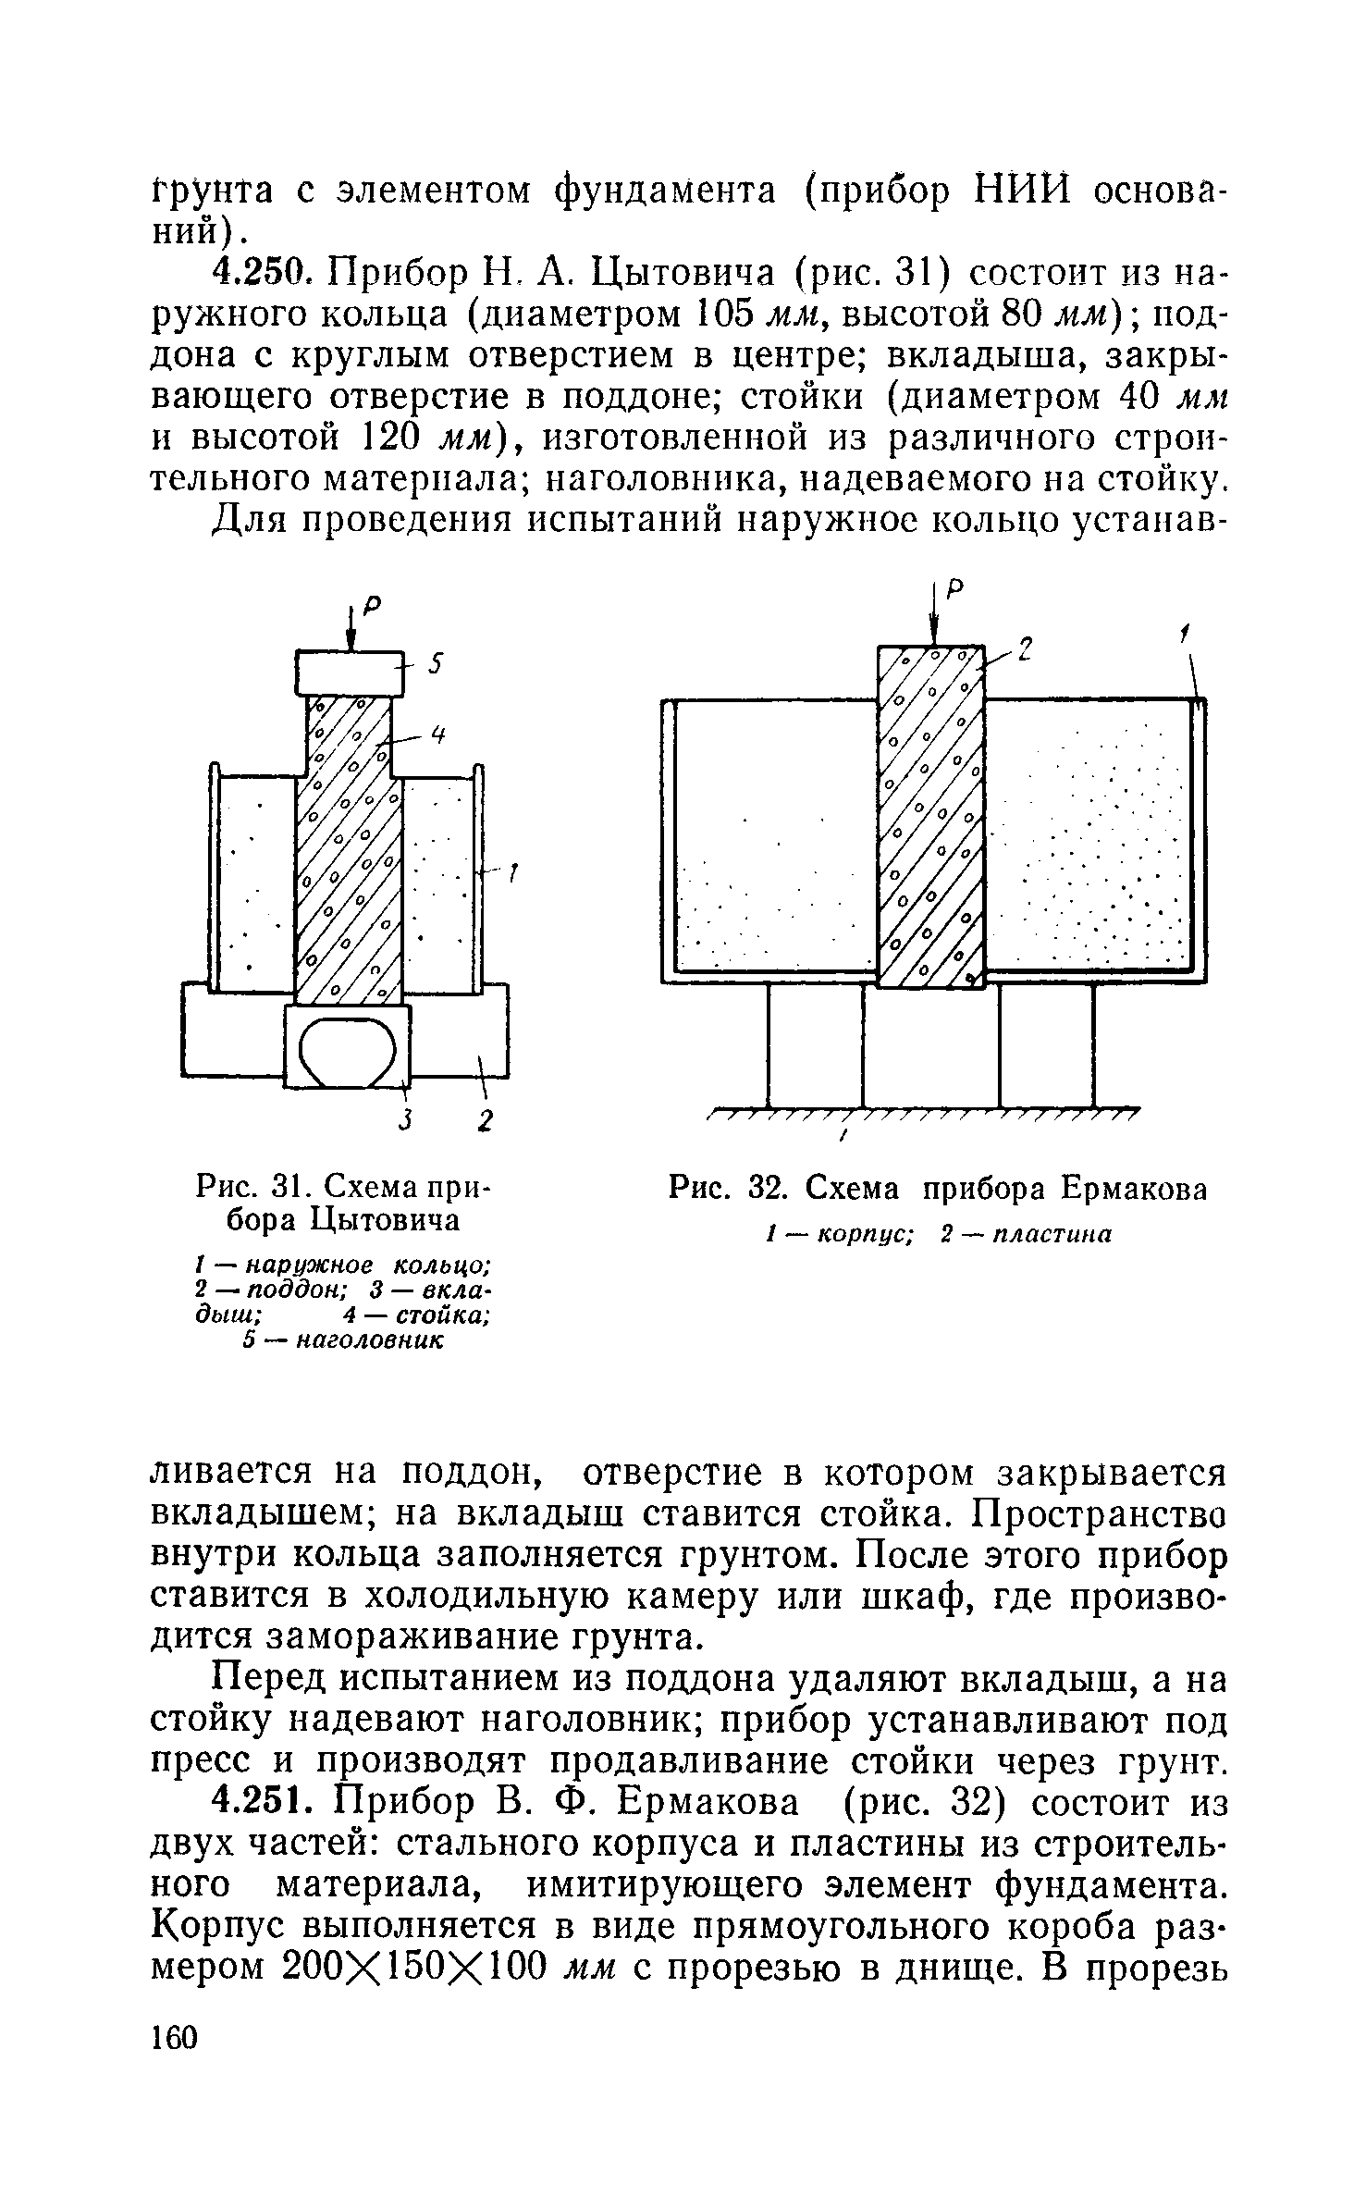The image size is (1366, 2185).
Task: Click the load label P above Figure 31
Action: [x=373, y=605]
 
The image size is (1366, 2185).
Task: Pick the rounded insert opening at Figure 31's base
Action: [x=348, y=1052]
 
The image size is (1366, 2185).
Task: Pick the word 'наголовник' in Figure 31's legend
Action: [x=370, y=1340]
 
